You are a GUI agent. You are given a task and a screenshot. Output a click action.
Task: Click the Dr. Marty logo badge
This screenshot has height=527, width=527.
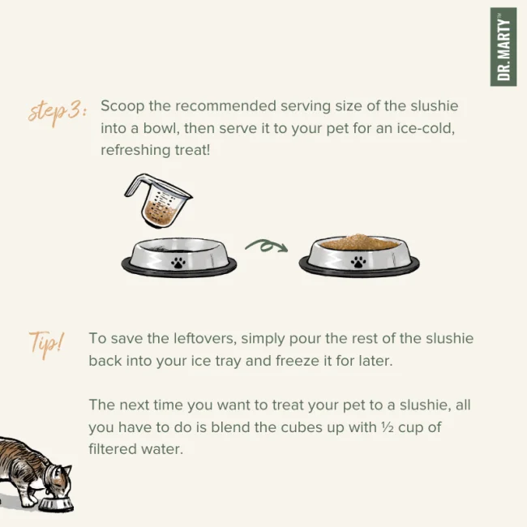tap(503, 47)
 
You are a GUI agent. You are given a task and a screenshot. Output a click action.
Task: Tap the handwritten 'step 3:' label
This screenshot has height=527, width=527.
tap(57, 112)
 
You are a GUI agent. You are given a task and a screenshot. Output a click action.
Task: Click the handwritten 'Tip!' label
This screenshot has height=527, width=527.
tap(46, 344)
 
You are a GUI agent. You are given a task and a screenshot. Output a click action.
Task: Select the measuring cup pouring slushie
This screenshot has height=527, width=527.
tap(158, 200)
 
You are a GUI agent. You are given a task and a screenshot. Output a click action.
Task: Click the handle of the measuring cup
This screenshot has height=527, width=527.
tap(136, 186)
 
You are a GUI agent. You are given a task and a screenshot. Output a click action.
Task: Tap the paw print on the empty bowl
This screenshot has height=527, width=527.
tap(178, 262)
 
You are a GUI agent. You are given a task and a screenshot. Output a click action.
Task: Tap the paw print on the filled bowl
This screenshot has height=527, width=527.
tap(358, 262)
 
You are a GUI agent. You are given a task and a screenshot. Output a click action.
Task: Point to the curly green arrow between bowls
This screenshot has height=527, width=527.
tap(266, 246)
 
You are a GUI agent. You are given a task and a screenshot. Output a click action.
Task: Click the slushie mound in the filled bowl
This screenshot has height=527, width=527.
tap(359, 242)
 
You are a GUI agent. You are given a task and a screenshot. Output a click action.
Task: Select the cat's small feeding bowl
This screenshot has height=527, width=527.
tap(56, 503)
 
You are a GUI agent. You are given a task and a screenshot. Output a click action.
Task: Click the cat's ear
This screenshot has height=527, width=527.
tap(67, 469)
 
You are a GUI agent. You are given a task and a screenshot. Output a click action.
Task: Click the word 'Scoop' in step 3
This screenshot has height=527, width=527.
tap(122, 106)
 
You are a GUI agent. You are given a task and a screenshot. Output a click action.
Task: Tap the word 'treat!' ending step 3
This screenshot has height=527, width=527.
tap(193, 150)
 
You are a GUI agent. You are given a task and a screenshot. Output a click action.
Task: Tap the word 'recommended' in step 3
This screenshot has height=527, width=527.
tap(225, 106)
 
